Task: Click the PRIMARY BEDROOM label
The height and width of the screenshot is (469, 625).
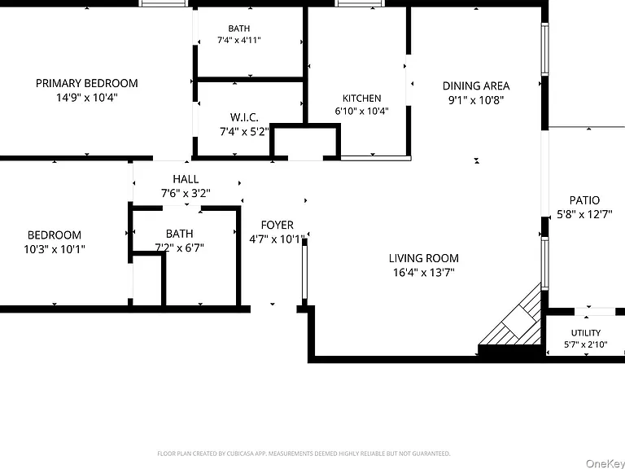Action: coord(87,83)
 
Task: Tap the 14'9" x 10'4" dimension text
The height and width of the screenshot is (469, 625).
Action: coord(87,98)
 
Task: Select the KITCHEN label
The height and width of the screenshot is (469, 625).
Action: coord(361,98)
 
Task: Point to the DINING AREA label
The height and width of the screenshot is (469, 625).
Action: coord(476,85)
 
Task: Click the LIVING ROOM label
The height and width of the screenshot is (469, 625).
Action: coord(424,258)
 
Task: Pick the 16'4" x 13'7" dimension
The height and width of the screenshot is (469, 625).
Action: coord(424,273)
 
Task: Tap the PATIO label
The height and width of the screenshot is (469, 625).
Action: coord(584,200)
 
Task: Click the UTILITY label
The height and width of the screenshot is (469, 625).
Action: coord(586,332)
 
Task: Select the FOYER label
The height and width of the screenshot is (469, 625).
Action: coord(277,225)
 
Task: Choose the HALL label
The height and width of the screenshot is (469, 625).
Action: coord(186,179)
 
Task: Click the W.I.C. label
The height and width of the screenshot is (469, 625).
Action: coord(244,117)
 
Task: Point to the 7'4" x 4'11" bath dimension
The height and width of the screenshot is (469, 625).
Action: coord(239,40)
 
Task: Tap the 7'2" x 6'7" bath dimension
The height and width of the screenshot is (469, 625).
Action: coord(179,248)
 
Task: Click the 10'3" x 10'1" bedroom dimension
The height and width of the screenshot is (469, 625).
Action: coord(55,249)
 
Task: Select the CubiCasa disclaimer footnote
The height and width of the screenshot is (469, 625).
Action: coord(304,454)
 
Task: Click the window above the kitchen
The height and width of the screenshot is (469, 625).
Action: coord(360,3)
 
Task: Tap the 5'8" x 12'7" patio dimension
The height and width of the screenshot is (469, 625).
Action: coord(584,215)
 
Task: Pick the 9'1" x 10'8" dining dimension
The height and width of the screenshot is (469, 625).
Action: coord(476,99)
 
